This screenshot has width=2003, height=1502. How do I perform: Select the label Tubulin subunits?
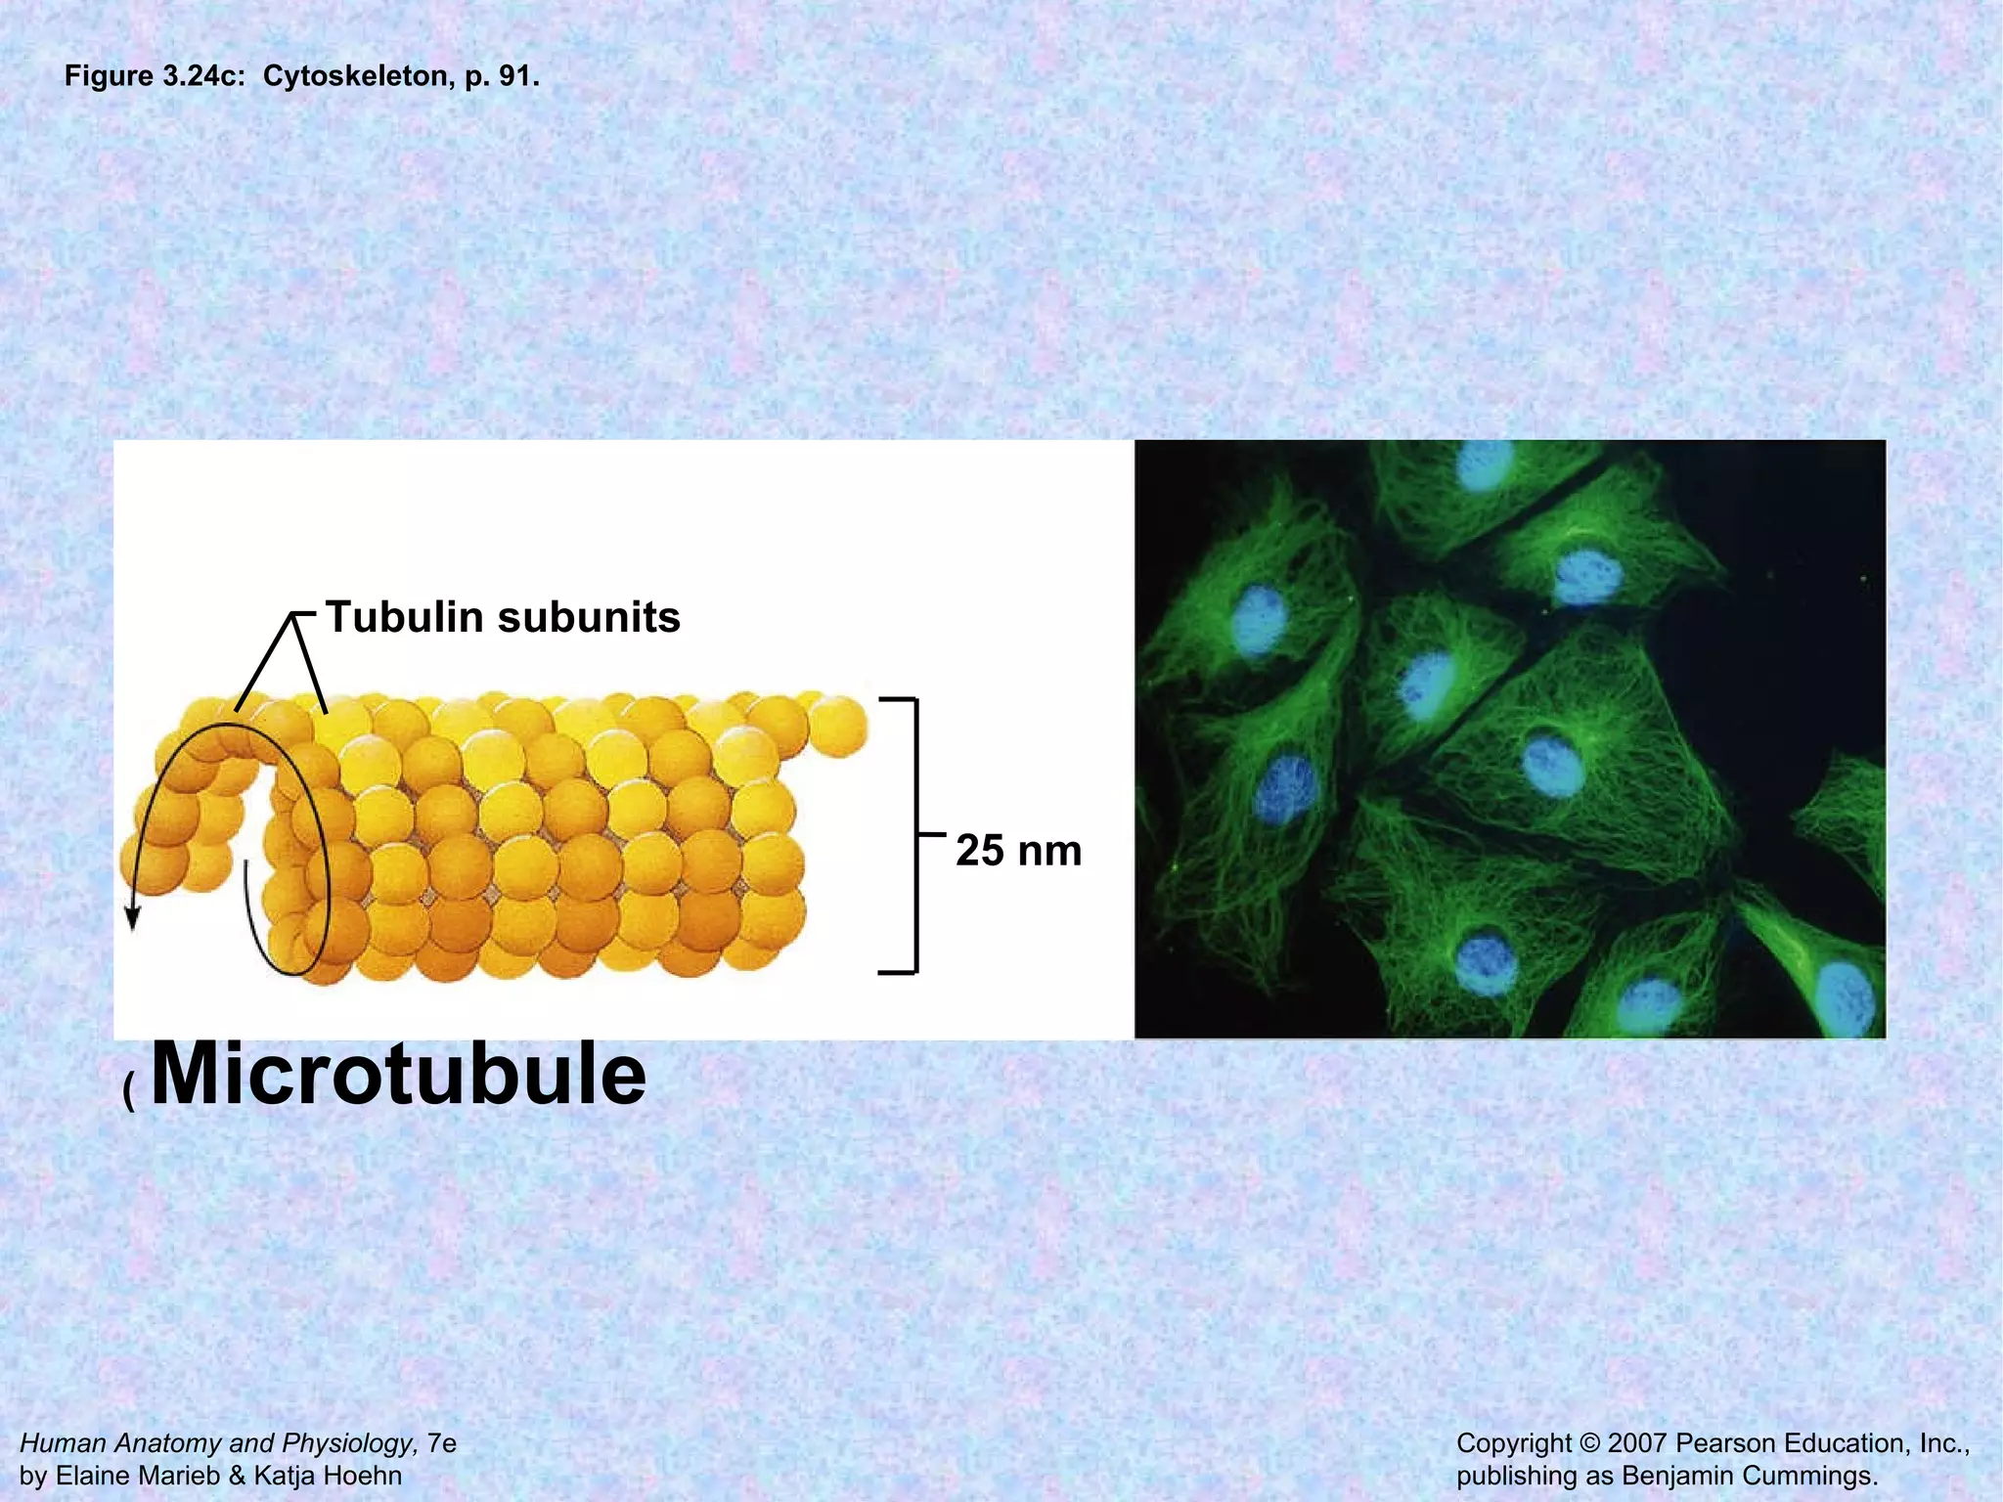tap(503, 617)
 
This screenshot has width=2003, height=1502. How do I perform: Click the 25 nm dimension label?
tap(1018, 850)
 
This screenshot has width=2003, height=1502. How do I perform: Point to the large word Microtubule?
tap(399, 1074)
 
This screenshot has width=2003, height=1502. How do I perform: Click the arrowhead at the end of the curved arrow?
tap(133, 918)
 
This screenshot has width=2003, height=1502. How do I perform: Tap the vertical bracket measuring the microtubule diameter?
tap(915, 836)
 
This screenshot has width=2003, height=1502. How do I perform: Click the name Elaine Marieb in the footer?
tap(138, 1476)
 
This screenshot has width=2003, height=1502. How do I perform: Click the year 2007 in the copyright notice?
tap(1636, 1443)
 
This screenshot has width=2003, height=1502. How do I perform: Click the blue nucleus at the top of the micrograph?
tap(1484, 464)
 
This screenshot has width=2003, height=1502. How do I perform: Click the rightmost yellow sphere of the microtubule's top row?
tap(838, 725)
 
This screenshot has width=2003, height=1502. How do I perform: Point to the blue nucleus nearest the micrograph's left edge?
tap(1259, 620)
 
